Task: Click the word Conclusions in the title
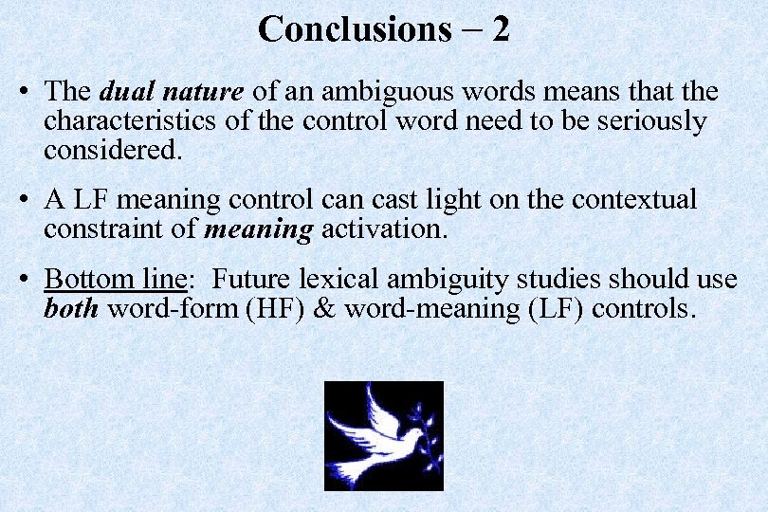click(x=354, y=29)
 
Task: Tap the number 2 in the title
click(x=501, y=29)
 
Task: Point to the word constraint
click(x=101, y=229)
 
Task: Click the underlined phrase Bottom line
click(x=113, y=280)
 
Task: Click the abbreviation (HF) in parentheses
click(x=274, y=308)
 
